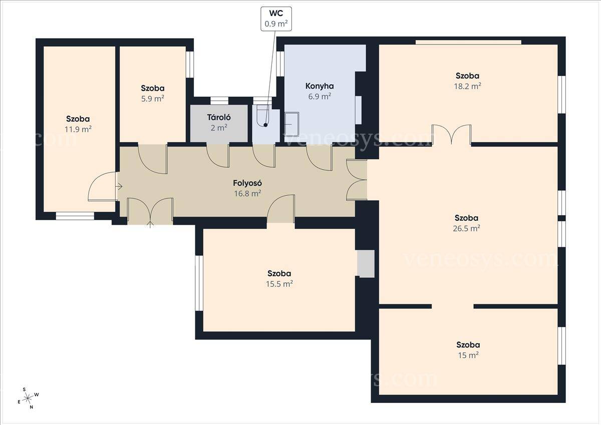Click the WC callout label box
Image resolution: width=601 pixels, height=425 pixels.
(276, 19)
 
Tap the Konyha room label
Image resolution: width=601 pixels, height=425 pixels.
(320, 86)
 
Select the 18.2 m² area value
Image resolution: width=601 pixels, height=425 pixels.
(467, 86)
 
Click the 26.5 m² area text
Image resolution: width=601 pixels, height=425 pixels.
(467, 228)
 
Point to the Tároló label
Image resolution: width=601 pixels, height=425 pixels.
(219, 117)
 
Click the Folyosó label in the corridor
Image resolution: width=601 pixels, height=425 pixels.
(247, 183)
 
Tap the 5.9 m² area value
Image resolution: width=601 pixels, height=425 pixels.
(153, 99)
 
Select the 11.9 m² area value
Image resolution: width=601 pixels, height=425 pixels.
(78, 129)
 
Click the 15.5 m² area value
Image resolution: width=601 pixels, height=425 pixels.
(279, 284)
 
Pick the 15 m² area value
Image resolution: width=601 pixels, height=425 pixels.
(468, 355)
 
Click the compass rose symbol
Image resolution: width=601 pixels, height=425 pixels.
(28, 398)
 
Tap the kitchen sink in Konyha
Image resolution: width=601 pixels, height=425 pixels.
(291, 124)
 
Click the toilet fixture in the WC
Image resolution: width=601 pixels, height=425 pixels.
(262, 116)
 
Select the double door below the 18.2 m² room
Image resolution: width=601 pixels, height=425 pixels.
(452, 134)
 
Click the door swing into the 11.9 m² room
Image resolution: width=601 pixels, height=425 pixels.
(103, 186)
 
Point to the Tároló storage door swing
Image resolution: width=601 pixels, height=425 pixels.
(218, 156)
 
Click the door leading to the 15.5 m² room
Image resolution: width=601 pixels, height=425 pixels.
(281, 209)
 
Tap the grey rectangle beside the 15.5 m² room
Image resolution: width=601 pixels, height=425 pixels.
(366, 264)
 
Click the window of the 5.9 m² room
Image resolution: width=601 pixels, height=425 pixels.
(190, 65)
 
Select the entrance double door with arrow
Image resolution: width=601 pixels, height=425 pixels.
(150, 212)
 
